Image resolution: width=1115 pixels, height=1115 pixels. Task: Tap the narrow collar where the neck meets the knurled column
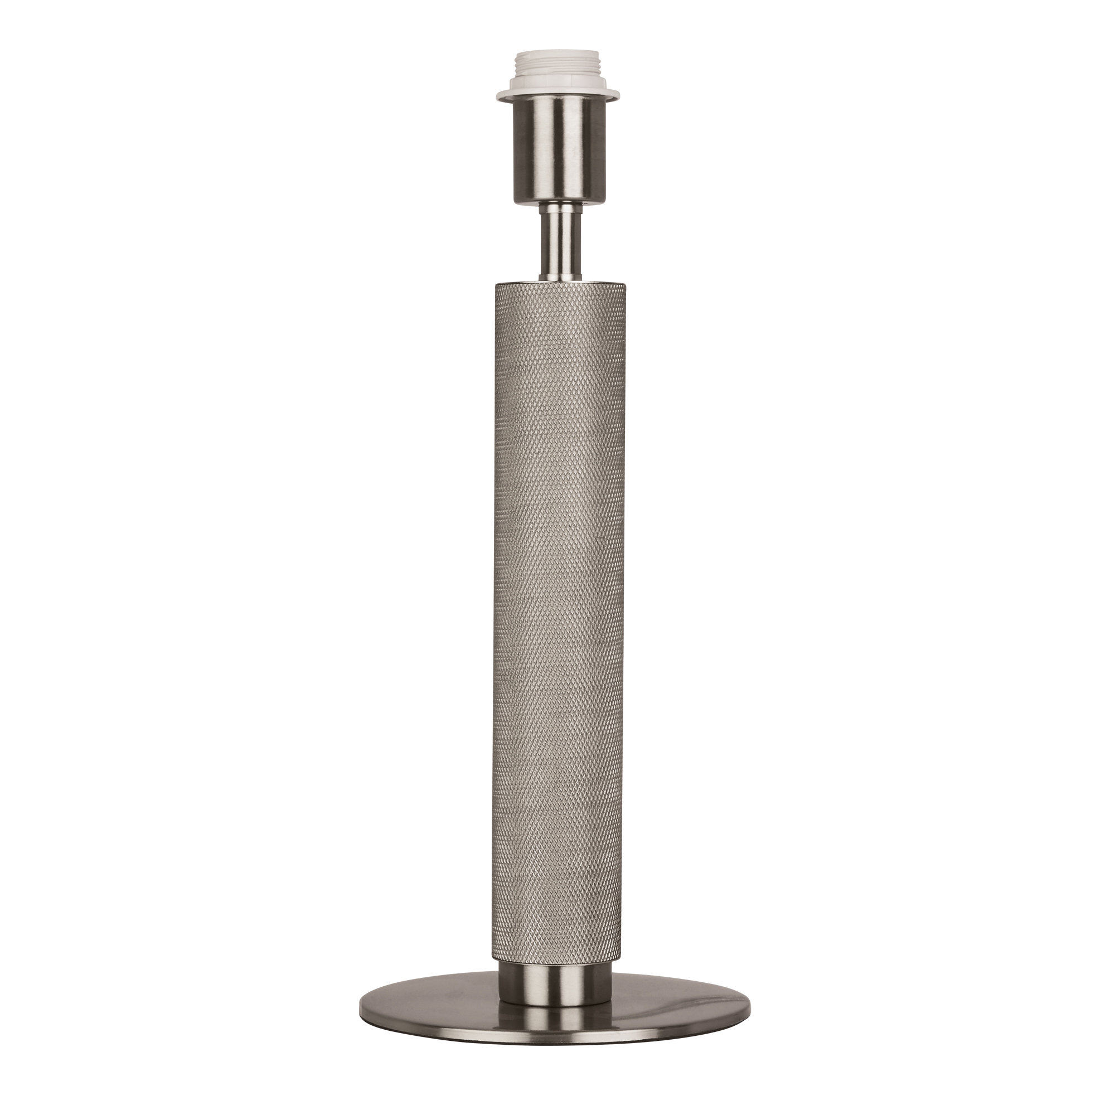[557, 277]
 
